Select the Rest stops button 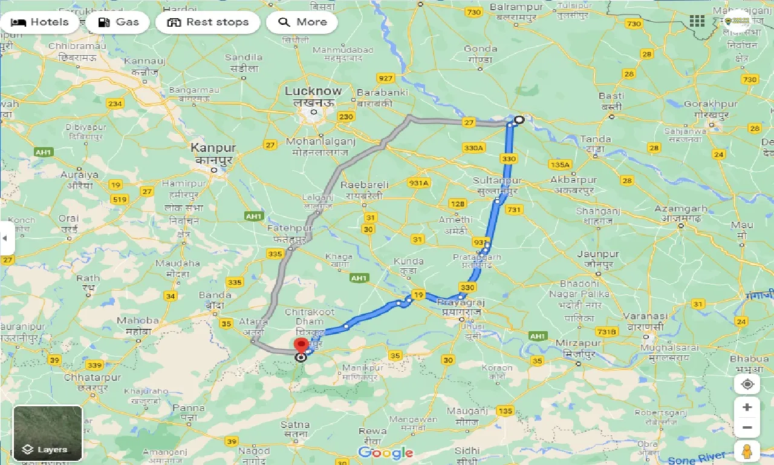coord(207,22)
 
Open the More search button coord(302,22)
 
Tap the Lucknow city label coord(313,91)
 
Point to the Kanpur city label coord(213,148)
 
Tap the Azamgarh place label coord(680,209)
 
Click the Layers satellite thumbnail coord(48,432)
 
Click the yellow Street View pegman coord(747,452)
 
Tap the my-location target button coord(747,384)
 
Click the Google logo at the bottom coord(385,452)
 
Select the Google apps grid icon coord(697,21)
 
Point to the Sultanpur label coord(497,181)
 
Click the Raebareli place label coord(365,185)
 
